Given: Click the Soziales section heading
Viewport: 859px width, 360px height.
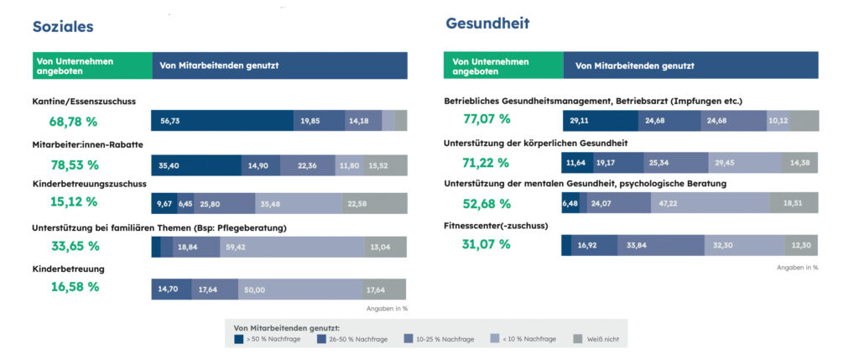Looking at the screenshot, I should [63, 26].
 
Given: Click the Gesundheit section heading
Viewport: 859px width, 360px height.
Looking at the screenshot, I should [487, 23].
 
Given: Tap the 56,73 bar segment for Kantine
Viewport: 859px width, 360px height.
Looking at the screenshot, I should [222, 121].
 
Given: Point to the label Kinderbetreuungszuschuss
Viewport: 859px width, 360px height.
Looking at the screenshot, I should [90, 183].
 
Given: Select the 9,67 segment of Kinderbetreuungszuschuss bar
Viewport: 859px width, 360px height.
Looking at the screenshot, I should [163, 203].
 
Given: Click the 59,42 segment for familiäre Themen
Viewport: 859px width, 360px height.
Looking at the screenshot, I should [292, 247].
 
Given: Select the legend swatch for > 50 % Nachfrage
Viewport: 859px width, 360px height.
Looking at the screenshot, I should [239, 340].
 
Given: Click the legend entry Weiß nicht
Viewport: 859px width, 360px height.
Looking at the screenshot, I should [599, 340].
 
